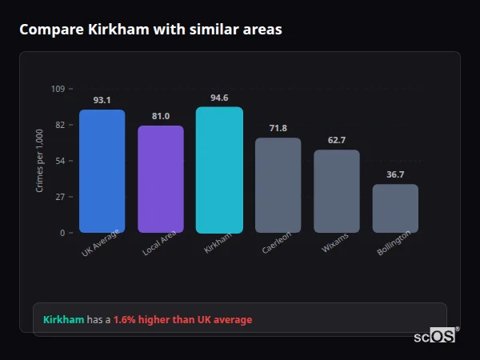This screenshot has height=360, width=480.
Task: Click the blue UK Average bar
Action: [x=102, y=171]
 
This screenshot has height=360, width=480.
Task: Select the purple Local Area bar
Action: [x=161, y=179]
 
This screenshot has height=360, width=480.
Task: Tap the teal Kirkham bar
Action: [x=219, y=170]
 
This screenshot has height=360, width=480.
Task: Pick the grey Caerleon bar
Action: [x=278, y=185]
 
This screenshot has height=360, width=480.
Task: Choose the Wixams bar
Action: [x=337, y=191]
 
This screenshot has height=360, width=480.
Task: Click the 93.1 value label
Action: [x=102, y=100]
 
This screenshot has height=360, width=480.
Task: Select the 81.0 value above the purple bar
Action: [x=161, y=116]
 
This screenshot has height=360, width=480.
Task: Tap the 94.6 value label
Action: [x=219, y=98]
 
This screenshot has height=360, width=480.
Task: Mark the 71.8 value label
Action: [x=278, y=128]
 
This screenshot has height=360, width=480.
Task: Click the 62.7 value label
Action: [x=337, y=140]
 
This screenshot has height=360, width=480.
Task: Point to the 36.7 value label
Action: [x=395, y=174]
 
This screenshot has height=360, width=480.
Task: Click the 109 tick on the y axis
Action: [x=58, y=89]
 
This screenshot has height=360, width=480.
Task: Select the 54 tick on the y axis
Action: [x=61, y=161]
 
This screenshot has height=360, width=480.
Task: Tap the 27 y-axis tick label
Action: [x=61, y=197]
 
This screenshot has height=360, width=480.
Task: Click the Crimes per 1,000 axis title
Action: [x=40, y=161]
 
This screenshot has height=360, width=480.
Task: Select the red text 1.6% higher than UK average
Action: [x=182, y=320]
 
